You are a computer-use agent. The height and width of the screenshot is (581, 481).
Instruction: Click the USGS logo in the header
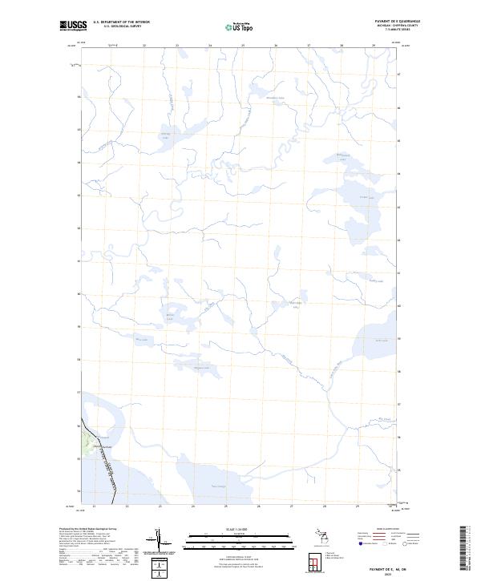(74, 26)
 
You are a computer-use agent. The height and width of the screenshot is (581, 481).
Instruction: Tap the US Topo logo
(240, 27)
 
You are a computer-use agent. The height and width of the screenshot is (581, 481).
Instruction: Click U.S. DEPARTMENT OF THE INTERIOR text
(121, 22)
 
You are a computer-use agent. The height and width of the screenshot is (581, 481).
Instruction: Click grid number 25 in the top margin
(243, 46)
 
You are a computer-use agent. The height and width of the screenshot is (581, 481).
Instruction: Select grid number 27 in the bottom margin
(291, 506)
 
